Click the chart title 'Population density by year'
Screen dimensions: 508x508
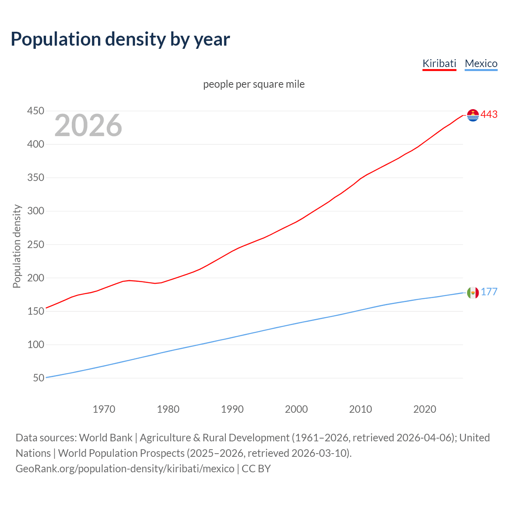point(120,39)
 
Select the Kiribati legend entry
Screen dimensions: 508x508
point(439,63)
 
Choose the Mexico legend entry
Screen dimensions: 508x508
point(481,63)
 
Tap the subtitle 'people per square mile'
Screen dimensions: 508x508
point(254,85)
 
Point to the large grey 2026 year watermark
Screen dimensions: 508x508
point(88,125)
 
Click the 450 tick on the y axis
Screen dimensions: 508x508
point(35,111)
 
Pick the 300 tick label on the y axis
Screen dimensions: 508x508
point(35,211)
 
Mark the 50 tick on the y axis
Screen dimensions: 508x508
point(38,378)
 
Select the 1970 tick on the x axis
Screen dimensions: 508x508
point(104,409)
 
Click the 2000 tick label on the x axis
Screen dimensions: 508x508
point(296,409)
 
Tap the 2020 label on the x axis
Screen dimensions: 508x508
point(425,409)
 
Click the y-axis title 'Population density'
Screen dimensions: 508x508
point(17,246)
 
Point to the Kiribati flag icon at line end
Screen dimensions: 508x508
point(473,115)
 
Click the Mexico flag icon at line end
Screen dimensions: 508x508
point(473,293)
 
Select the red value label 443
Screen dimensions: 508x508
point(489,115)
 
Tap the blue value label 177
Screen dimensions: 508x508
point(489,292)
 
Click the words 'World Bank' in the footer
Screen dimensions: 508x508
point(106,438)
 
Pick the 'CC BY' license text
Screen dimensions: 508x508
point(256,469)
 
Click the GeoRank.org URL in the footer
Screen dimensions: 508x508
point(125,469)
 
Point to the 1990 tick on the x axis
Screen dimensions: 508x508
point(232,409)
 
